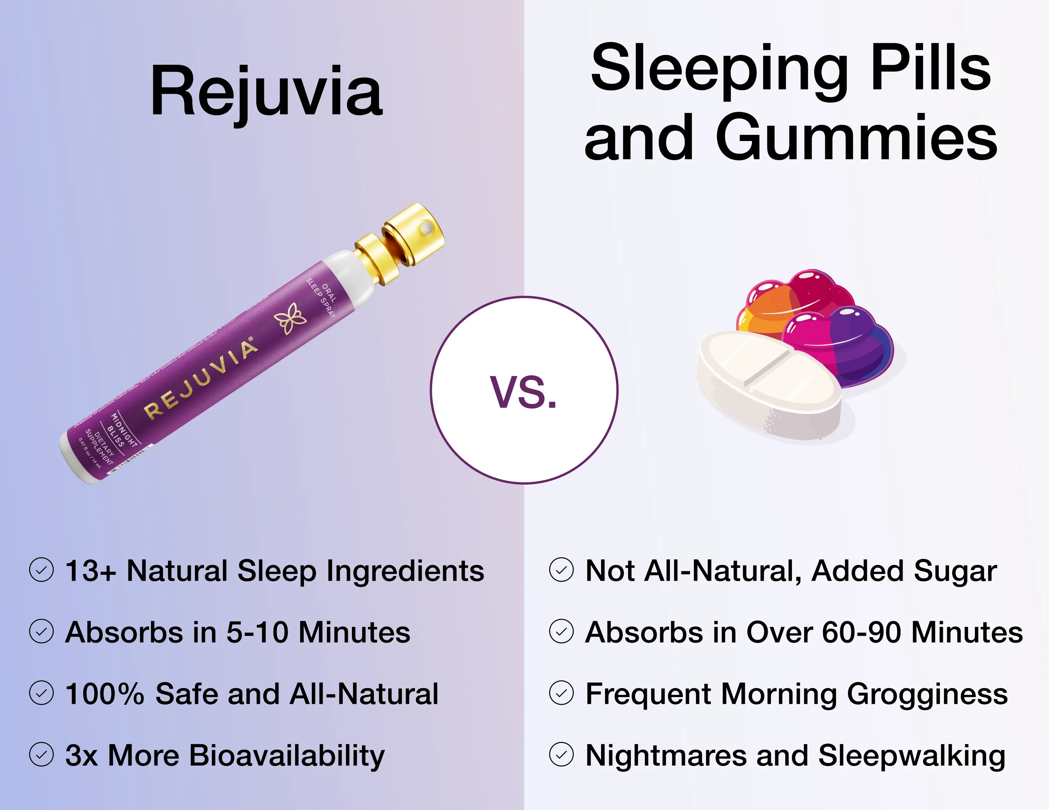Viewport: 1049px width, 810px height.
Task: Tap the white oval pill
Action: pyautogui.click(x=768, y=384)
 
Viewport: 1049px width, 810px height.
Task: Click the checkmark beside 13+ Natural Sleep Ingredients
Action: pyautogui.click(x=41, y=570)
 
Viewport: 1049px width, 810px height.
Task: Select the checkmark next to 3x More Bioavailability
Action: pyautogui.click(x=41, y=755)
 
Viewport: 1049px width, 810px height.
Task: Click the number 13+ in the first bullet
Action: pyautogui.click(x=90, y=571)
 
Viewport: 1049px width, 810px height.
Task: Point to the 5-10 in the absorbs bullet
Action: pyautogui.click(x=257, y=632)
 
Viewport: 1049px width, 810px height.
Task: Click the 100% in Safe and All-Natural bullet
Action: pyautogui.click(x=104, y=694)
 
